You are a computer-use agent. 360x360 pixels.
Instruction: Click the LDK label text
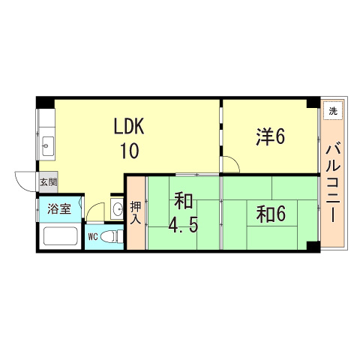[129, 127]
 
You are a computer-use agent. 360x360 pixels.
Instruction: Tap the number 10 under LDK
[130, 151]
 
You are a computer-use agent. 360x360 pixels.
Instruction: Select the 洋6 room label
[270, 136]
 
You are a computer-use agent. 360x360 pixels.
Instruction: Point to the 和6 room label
[271, 214]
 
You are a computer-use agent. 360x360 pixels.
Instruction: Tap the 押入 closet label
[136, 212]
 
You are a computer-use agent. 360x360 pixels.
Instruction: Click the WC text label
[93, 236]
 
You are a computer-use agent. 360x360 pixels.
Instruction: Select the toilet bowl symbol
[112, 236]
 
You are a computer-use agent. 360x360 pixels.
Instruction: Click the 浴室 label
[59, 208]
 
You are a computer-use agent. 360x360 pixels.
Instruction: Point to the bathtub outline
[61, 236]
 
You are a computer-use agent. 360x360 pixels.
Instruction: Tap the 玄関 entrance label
[49, 182]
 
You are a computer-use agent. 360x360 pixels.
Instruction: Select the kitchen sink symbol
[47, 146]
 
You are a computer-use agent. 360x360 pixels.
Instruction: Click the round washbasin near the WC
[118, 208]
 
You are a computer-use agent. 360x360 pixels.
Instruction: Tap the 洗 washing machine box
[333, 110]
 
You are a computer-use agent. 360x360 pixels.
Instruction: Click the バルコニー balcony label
[333, 184]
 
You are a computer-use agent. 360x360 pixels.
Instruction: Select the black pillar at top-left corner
[45, 103]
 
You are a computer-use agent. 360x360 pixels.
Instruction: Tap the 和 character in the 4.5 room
[183, 201]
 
